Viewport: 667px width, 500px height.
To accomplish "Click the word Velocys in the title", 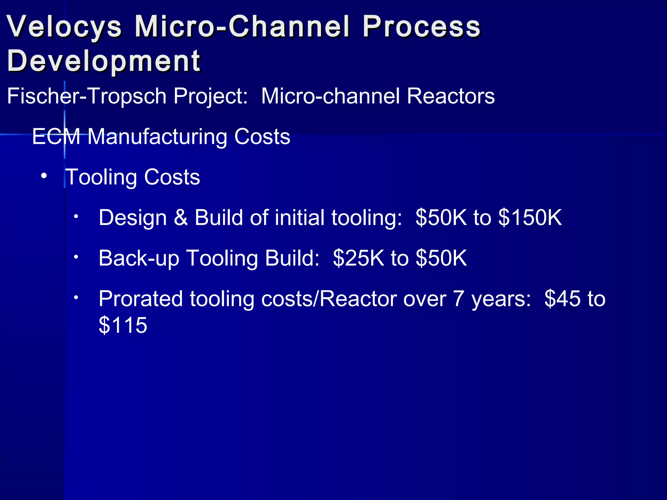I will tap(64, 27).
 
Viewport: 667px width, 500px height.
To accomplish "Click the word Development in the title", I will tap(104, 61).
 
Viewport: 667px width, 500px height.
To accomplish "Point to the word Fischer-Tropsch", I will tap(86, 96).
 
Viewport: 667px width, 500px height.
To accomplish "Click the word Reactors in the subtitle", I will tap(451, 96).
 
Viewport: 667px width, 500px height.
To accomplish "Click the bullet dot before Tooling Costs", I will tap(44, 176).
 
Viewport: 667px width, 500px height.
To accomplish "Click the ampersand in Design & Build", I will tap(181, 217).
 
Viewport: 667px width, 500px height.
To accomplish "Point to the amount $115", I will tap(123, 325).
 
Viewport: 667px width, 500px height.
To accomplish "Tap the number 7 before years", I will tap(458, 299).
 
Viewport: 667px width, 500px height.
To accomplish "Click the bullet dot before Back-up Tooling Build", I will tap(76, 257).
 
